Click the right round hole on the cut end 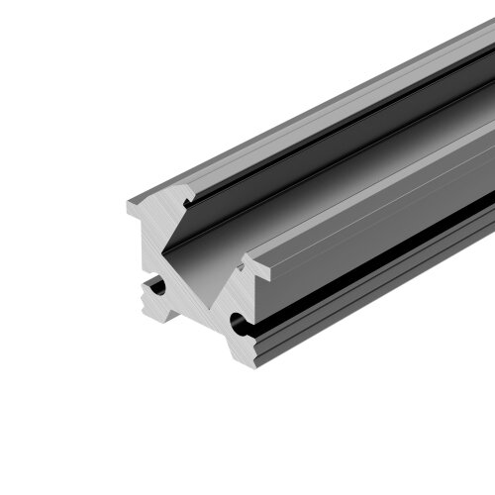pos(239,322)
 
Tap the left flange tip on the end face pos(131,207)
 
